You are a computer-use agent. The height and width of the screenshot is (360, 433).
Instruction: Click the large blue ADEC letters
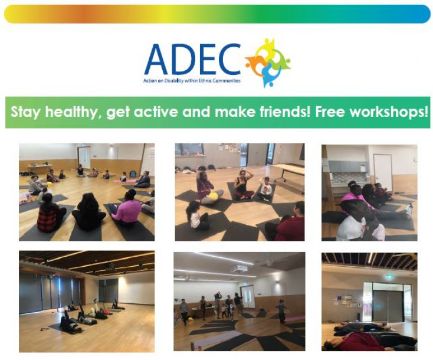coord(192,59)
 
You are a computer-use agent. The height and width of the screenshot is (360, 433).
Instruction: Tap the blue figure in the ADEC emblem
coord(269,74)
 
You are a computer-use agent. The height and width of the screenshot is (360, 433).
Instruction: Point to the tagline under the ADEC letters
coord(192,81)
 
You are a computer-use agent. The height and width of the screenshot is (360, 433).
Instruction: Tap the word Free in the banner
coord(329,112)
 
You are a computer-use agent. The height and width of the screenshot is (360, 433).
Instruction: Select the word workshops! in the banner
coord(388,113)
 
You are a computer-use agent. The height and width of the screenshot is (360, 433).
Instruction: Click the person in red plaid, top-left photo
coord(51,212)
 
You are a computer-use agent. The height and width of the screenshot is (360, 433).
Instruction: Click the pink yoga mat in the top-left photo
coord(126,181)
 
